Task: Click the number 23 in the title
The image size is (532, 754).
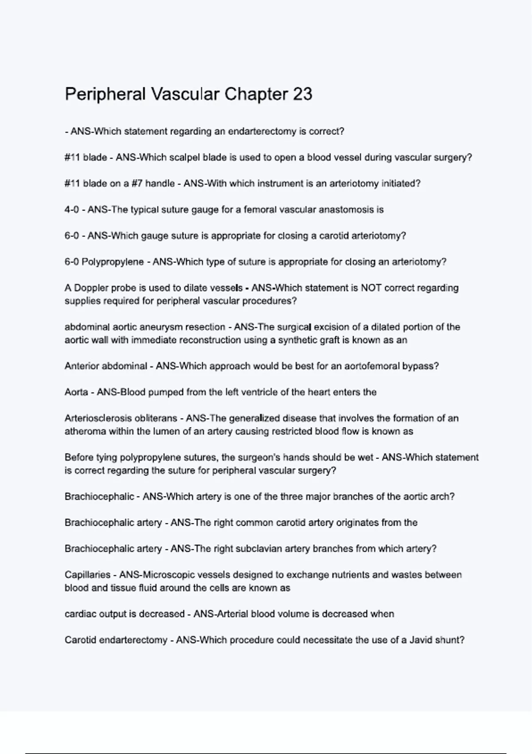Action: [x=302, y=94]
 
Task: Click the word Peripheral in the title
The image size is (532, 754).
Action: [x=105, y=94]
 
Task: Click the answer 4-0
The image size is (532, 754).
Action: [x=71, y=210]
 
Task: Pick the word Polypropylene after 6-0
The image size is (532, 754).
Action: [x=113, y=262]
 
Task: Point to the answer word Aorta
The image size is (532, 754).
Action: [x=76, y=393]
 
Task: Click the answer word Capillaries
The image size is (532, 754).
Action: [x=87, y=575]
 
